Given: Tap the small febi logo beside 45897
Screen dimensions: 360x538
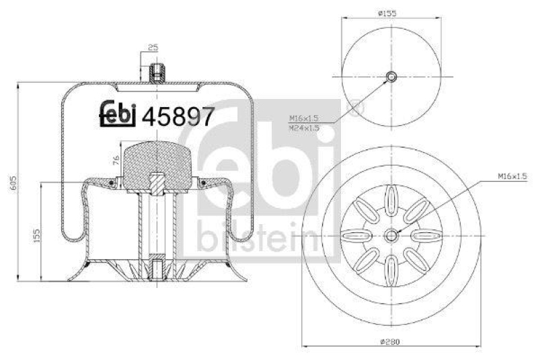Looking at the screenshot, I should point(118,115).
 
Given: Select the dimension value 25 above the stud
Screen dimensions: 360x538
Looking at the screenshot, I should point(153,47).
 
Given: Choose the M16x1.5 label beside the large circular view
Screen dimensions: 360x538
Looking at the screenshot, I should point(512,176).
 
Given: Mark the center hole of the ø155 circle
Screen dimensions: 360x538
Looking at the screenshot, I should point(391,75).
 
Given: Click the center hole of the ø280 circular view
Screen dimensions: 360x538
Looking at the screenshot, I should point(391,235).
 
